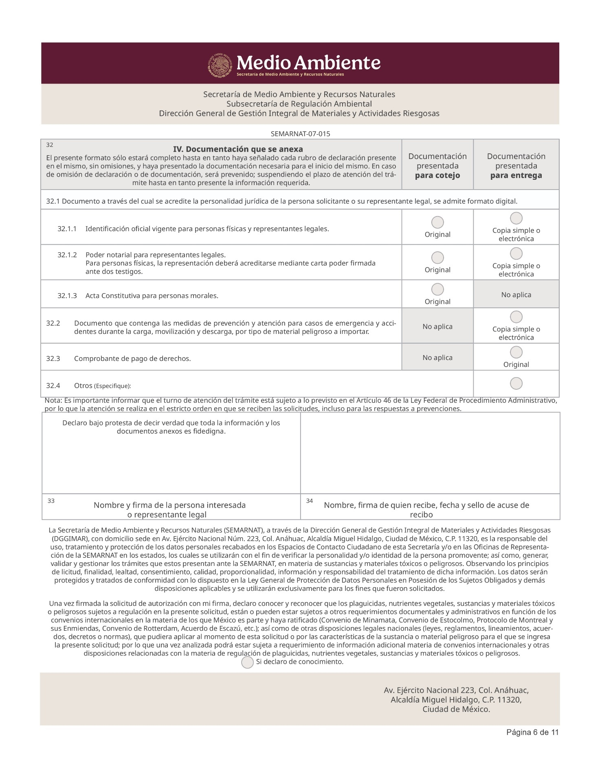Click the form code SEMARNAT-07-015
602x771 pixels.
click(300, 134)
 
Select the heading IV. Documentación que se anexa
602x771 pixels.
click(238, 149)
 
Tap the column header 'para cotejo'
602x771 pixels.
click(437, 175)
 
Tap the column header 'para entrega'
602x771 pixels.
click(516, 175)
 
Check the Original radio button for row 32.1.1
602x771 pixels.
click(437, 222)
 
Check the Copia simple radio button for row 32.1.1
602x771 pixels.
click(516, 218)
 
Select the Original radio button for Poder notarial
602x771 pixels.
click(437, 258)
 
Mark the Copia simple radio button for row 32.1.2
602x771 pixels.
click(516, 254)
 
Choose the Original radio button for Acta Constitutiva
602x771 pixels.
click(437, 289)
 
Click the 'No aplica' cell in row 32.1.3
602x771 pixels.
click(516, 295)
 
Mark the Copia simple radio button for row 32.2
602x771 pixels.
click(516, 317)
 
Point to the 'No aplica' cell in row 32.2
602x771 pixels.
click(437, 327)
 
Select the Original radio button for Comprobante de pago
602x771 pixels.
click(516, 352)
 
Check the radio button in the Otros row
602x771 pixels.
click(516, 384)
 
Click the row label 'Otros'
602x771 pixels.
click(83, 386)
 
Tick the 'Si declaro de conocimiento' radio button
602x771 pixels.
click(247, 663)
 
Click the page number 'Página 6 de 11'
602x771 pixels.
click(532, 744)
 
